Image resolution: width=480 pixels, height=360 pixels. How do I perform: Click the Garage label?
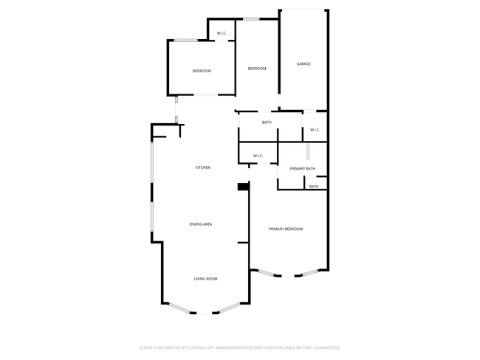coord(304,64)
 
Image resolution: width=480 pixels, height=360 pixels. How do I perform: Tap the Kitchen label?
coord(202,167)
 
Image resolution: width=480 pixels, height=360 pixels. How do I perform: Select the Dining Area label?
coord(201,224)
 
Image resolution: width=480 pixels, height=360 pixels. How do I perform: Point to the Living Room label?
coord(205,278)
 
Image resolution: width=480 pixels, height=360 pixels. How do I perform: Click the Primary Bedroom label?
coord(286,229)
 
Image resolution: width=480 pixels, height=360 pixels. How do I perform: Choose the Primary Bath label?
coord(302,169)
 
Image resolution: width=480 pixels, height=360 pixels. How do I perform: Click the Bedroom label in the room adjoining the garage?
coord(256,69)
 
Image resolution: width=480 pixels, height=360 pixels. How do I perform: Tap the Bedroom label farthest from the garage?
coord(202,71)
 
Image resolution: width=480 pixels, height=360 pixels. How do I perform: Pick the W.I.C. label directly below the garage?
coord(315,131)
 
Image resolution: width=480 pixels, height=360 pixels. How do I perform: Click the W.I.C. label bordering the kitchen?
coord(258,156)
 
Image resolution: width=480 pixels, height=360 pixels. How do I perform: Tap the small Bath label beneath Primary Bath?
coord(314,187)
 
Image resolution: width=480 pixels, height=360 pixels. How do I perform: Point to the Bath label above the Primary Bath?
coord(267,122)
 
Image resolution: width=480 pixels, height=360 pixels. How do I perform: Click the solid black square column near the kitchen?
coord(242,187)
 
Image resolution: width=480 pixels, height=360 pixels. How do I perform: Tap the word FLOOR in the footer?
coord(147,347)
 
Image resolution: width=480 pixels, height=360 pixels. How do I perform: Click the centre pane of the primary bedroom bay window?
coord(289,276)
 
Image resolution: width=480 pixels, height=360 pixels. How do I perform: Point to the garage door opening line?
coord(303,10)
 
